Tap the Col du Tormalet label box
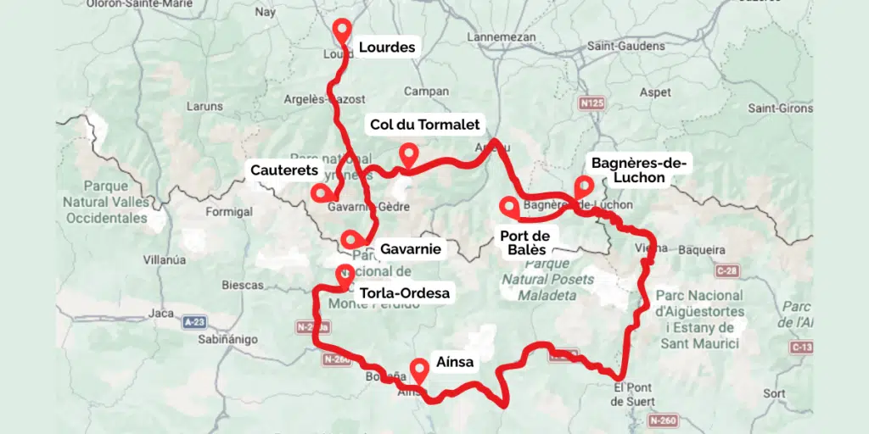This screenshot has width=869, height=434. [x=424, y=125]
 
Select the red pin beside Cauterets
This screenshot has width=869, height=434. [x=320, y=192]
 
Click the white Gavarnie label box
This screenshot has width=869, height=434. [x=410, y=249]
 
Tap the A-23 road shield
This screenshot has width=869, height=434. [x=194, y=322]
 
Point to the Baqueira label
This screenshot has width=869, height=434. [x=700, y=250]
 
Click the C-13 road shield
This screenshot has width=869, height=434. [x=802, y=348]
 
